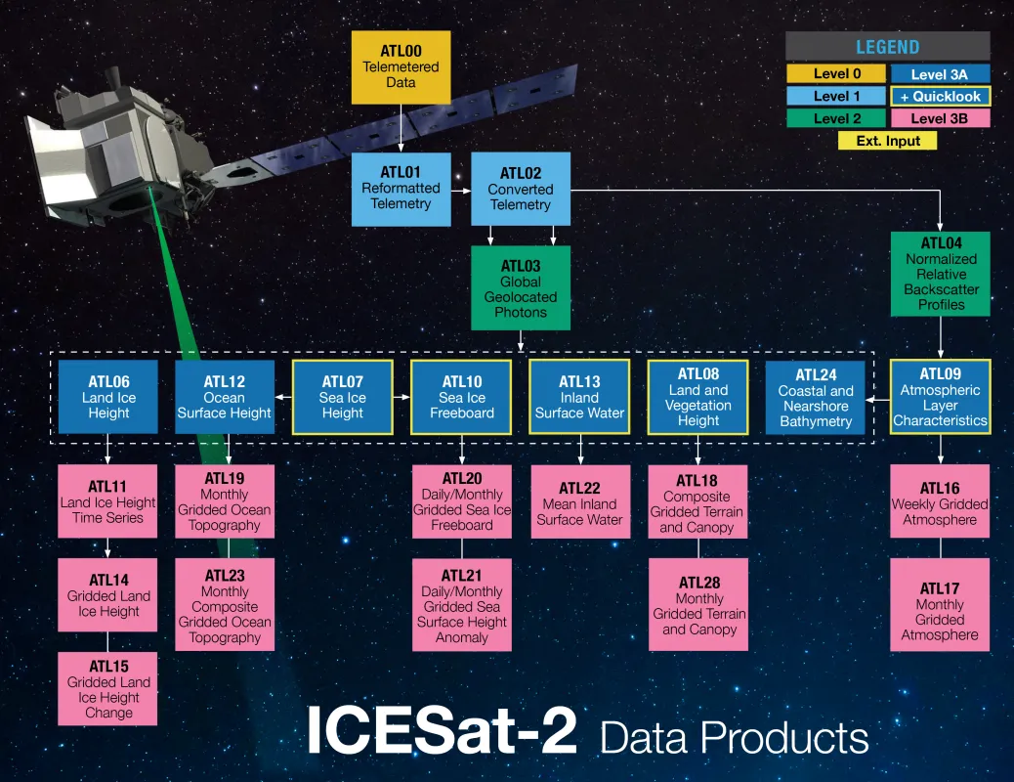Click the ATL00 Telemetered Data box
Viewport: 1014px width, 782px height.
(x=401, y=66)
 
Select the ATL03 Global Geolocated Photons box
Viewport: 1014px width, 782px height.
(x=520, y=288)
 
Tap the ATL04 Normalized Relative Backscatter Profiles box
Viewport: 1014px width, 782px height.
(x=941, y=274)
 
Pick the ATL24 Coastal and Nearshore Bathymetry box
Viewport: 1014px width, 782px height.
(x=816, y=398)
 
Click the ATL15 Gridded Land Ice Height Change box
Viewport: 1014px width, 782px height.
(x=108, y=689)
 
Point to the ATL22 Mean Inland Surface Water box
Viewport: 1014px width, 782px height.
(x=579, y=503)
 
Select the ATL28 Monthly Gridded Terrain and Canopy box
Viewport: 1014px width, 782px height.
(x=698, y=605)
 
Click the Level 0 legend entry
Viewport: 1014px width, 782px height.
(x=836, y=73)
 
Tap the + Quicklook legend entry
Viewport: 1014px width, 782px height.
(x=940, y=96)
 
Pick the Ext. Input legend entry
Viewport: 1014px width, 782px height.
(x=887, y=140)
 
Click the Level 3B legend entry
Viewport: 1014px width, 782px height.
(x=940, y=118)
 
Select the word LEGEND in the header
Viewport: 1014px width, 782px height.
(x=887, y=47)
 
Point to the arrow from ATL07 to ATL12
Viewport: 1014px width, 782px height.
(x=283, y=397)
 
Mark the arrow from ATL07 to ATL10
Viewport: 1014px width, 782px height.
(x=401, y=397)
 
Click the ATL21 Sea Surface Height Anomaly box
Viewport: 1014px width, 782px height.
(x=461, y=606)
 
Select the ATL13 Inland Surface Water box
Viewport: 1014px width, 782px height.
(x=579, y=397)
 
